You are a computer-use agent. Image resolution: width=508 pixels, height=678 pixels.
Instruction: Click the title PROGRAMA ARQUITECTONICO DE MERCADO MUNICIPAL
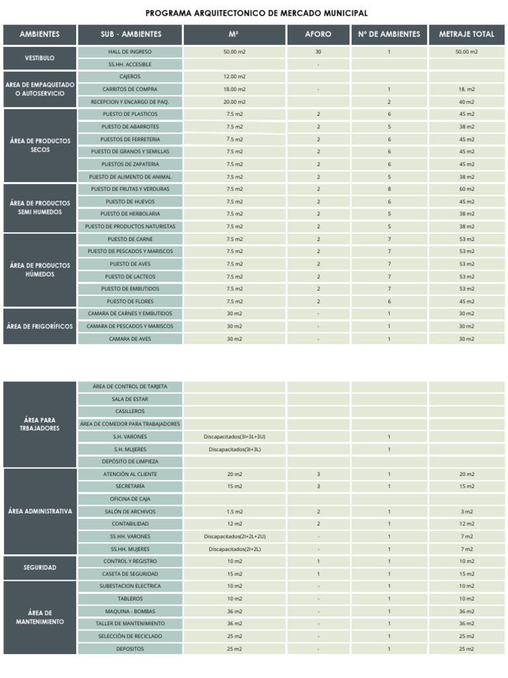coord(256,13)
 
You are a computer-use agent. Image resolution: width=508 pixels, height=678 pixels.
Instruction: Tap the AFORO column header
coord(318,34)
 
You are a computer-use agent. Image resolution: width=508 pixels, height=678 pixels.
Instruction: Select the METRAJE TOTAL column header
coord(466,34)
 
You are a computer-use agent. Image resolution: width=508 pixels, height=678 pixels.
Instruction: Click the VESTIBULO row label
coord(40,58)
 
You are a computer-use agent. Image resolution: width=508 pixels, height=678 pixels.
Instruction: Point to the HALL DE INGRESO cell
coord(130,52)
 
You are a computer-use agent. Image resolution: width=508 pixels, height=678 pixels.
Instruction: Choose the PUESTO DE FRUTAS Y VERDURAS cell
coord(130,189)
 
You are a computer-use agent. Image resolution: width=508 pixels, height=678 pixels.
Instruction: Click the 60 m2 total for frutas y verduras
coord(466,189)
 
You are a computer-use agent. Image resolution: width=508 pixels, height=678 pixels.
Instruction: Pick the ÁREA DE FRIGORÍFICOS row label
coord(40,326)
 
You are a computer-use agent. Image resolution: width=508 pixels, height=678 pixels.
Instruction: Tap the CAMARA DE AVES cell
coord(130,339)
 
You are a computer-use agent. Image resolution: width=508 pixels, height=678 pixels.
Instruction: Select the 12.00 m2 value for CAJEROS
coord(235,77)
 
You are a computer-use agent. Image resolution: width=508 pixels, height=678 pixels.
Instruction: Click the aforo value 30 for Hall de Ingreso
coord(318,52)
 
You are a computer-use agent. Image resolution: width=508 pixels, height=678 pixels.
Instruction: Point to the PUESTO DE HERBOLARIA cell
coord(130,214)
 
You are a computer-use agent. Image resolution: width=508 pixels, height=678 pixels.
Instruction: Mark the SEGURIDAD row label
coord(40,567)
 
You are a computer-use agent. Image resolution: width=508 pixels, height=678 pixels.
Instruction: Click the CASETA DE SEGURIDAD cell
coord(130,574)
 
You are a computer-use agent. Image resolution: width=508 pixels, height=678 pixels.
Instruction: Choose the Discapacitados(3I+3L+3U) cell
coord(235,437)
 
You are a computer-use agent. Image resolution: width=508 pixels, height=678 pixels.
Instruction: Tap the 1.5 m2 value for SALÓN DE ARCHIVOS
coord(235,512)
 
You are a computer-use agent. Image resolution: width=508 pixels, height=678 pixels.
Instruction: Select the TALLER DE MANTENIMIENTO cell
coord(130,624)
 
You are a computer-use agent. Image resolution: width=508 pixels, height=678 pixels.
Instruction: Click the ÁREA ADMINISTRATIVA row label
coord(40,512)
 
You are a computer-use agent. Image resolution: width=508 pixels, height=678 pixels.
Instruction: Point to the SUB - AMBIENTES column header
coord(131,34)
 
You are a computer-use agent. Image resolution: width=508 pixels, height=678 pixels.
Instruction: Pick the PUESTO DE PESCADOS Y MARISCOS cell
coord(130,252)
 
